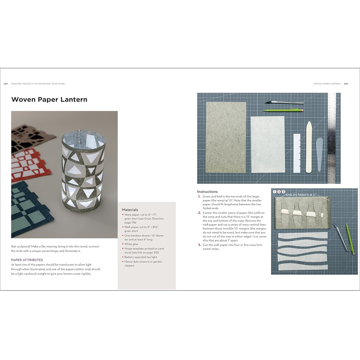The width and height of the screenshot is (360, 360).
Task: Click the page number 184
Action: (x=6, y=84)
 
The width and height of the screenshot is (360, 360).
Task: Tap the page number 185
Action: (x=346, y=84)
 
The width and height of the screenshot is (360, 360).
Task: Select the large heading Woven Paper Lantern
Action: (x=49, y=99)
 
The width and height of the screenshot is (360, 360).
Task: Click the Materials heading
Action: (x=130, y=210)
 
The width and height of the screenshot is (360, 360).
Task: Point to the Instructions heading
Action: (x=207, y=192)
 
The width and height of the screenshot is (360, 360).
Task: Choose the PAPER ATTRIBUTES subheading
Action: (x=27, y=260)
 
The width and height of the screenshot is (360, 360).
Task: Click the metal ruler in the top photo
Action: (x=332, y=137)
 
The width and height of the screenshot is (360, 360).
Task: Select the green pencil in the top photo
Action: (x=282, y=110)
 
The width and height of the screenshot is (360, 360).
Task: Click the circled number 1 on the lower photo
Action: (x=275, y=192)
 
